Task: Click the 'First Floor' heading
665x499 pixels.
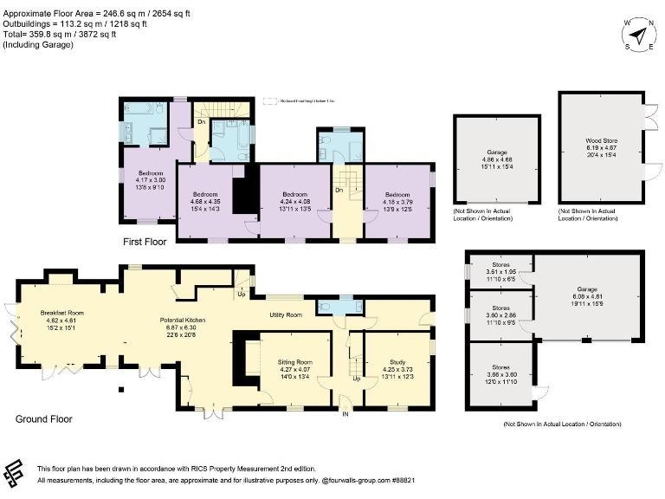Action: click(x=144, y=243)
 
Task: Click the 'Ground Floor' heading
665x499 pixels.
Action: click(x=44, y=419)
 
